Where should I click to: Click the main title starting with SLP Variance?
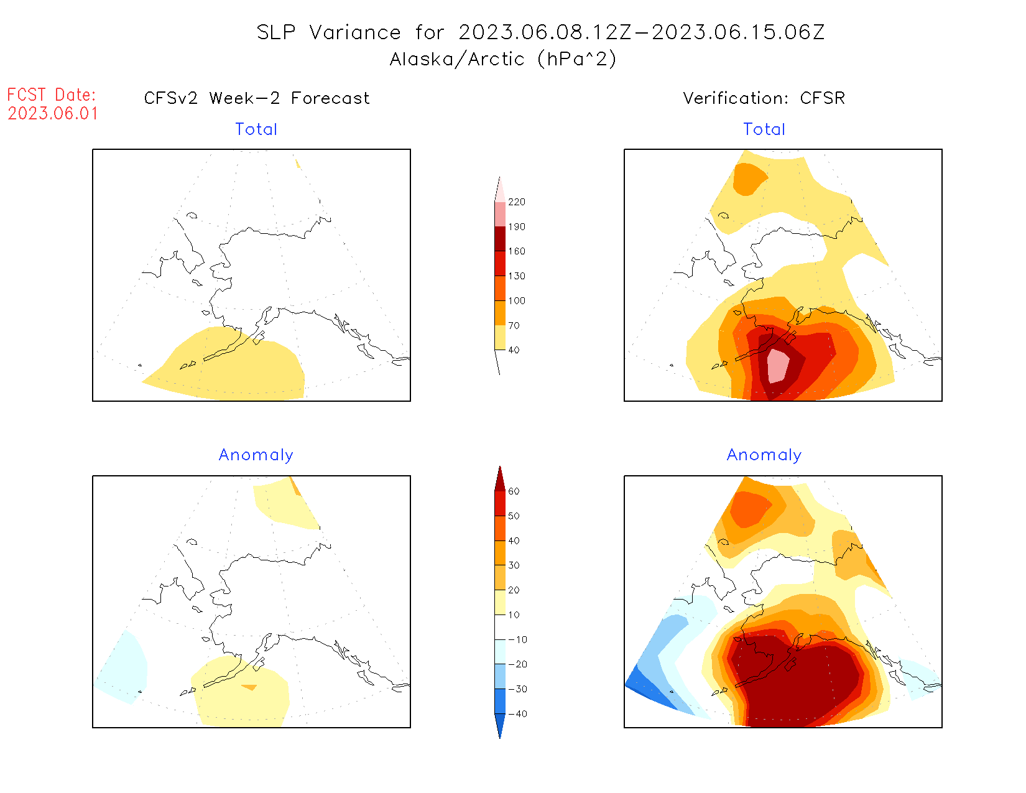point(540,32)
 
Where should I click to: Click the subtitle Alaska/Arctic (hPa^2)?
point(503,59)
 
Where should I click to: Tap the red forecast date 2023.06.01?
point(53,114)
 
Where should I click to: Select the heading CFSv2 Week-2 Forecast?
point(257,98)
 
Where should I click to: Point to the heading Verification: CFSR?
point(764,98)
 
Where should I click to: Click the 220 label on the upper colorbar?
point(516,202)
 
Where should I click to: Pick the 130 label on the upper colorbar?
point(516,276)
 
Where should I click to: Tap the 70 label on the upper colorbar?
point(514,325)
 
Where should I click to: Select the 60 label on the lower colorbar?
point(514,491)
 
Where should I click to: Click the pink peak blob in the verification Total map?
point(777,366)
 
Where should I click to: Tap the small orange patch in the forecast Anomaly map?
point(249,687)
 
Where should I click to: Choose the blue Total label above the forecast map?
point(256,129)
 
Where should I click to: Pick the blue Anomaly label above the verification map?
point(764,455)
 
